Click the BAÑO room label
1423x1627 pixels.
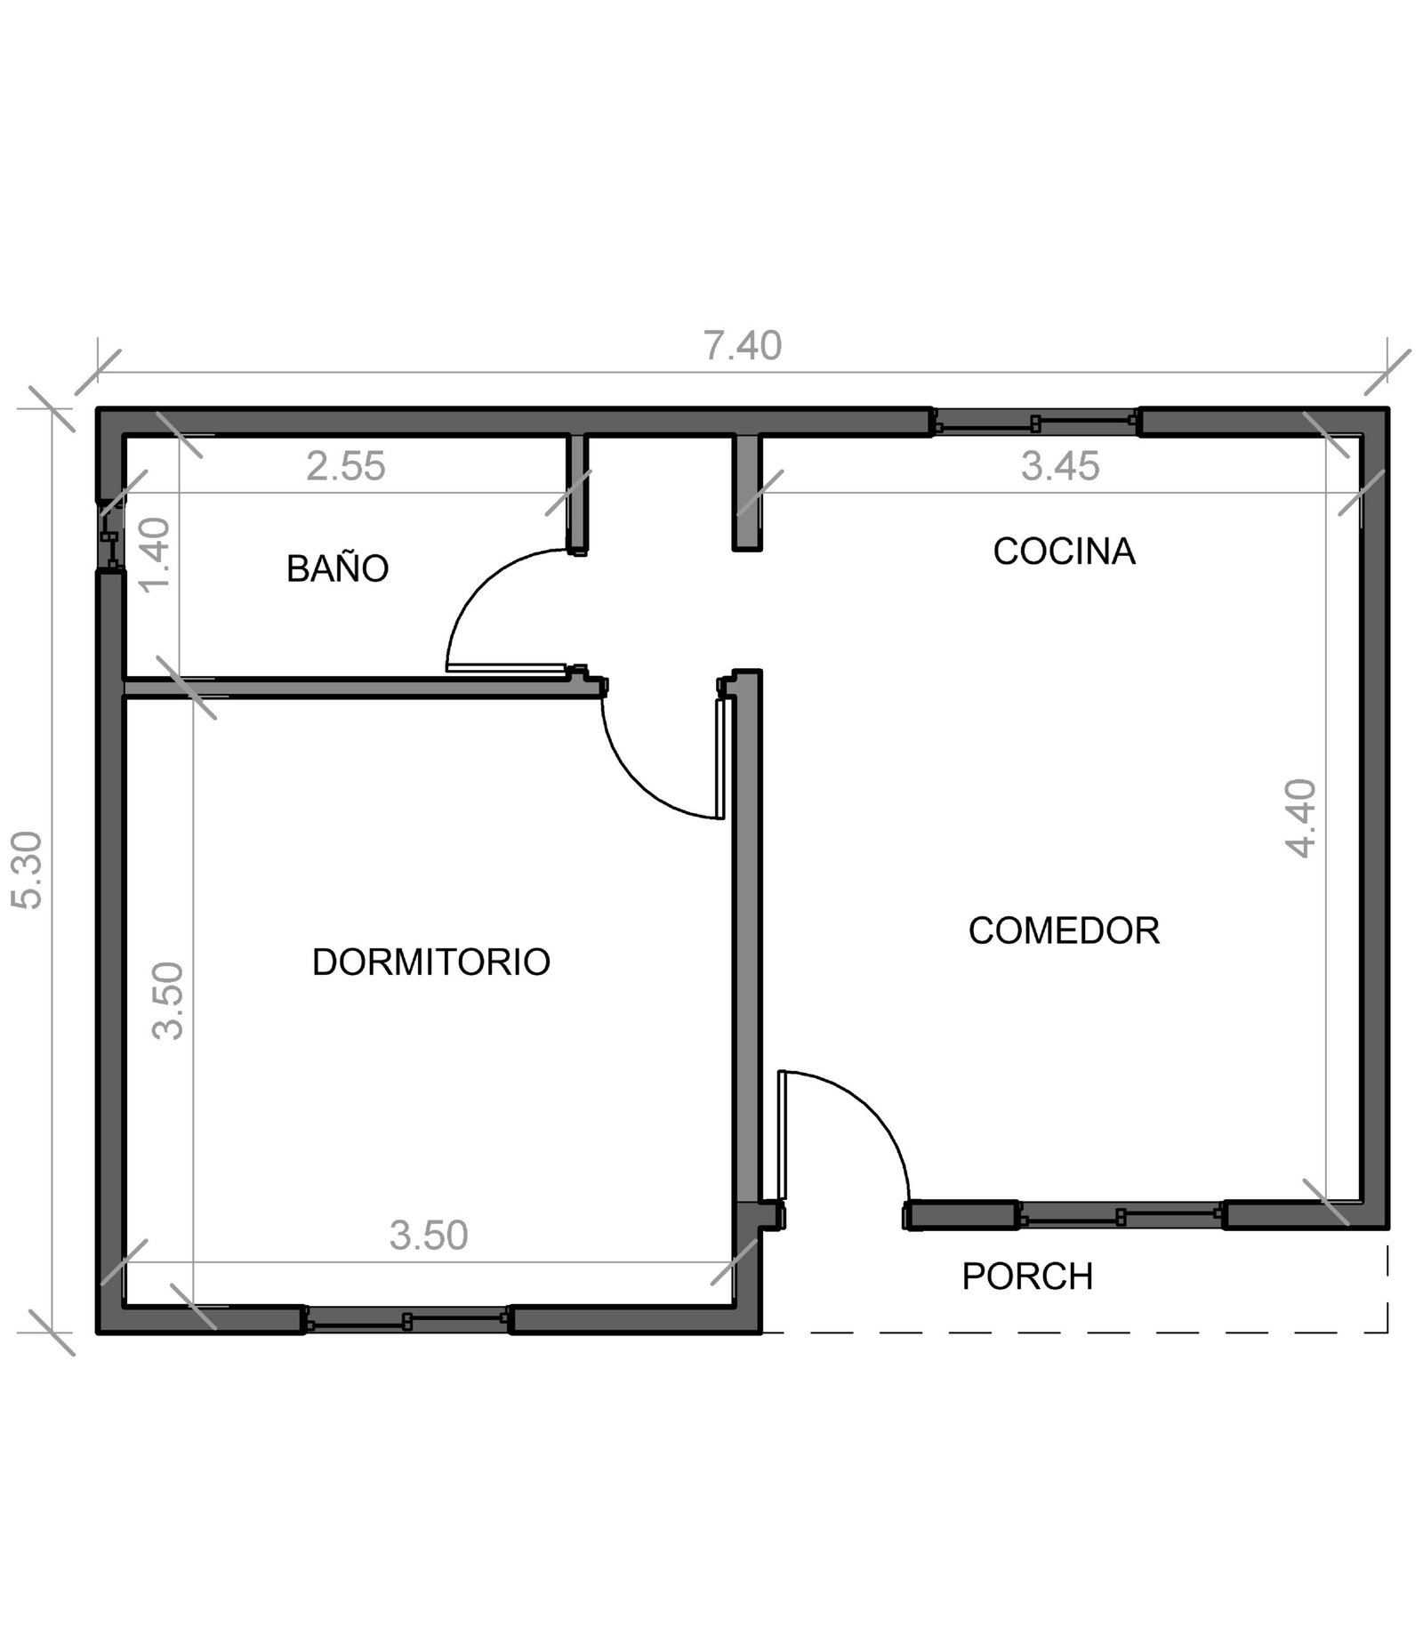click(x=337, y=568)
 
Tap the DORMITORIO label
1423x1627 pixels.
click(x=431, y=962)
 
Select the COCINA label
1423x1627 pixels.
click(x=1064, y=551)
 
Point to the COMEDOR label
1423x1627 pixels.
click(x=1064, y=930)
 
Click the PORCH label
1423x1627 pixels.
click(x=1027, y=1277)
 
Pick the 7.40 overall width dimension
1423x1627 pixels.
click(x=743, y=346)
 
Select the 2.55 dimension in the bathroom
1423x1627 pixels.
click(x=346, y=466)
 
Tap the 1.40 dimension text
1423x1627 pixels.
click(x=155, y=553)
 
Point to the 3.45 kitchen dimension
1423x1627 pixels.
click(x=1060, y=466)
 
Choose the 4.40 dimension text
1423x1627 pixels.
click(x=1300, y=818)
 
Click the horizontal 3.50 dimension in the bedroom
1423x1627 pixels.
click(x=429, y=1236)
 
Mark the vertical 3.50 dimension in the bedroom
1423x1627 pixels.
click(x=167, y=1001)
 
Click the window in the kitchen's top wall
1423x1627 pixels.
click(x=1035, y=423)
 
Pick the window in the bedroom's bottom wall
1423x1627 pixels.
click(x=406, y=1321)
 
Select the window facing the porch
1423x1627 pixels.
click(x=1121, y=1215)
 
